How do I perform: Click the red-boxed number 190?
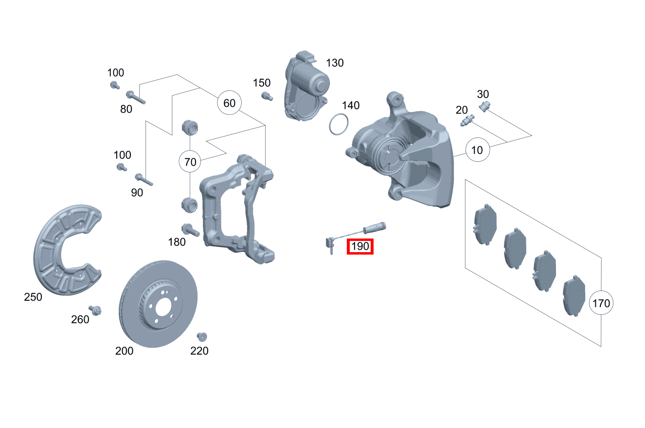(x=360, y=246)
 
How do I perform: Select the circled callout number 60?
(x=229, y=103)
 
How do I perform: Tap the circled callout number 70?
(x=190, y=162)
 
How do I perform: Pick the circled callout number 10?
(x=477, y=150)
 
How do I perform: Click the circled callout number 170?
(x=601, y=303)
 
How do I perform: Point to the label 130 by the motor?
(x=335, y=63)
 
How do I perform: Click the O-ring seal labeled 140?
(x=339, y=124)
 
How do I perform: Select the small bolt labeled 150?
(x=267, y=96)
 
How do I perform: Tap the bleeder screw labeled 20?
(x=467, y=120)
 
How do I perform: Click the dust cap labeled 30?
(x=484, y=106)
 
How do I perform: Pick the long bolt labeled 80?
(x=136, y=97)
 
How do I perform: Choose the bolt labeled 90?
(x=143, y=180)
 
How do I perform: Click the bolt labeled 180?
(x=190, y=230)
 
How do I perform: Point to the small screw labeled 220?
(x=202, y=337)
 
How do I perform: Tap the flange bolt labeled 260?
(x=95, y=310)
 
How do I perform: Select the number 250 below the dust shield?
(x=33, y=297)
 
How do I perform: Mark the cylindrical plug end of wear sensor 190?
(x=375, y=227)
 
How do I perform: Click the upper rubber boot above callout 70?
(x=190, y=128)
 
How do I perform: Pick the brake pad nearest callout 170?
(x=574, y=296)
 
